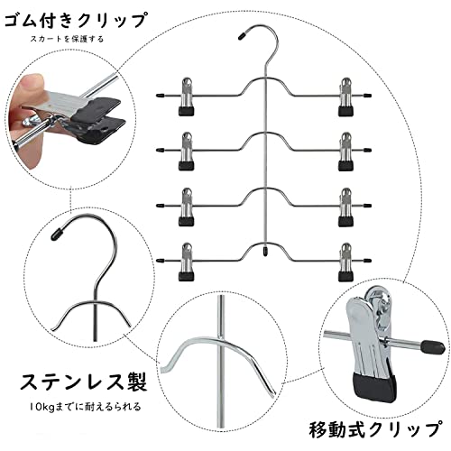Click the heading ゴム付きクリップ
coord(76,21)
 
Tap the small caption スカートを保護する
coord(67,39)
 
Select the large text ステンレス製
coord(84,382)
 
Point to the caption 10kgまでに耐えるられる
coord(86,407)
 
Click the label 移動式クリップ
coord(376,429)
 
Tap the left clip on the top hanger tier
coord(187,97)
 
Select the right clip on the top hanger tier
coord(345,97)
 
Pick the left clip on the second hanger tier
coord(187,152)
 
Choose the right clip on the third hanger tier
coord(345,207)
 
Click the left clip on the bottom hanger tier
coord(187,262)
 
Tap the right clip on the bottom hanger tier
coord(345,262)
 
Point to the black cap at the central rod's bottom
coord(264,252)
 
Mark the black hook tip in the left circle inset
coord(57,234)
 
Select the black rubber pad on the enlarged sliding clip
coord(373,387)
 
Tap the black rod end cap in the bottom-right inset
coord(432,346)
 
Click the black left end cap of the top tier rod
coord(160,96)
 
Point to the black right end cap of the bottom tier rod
coord(367,260)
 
